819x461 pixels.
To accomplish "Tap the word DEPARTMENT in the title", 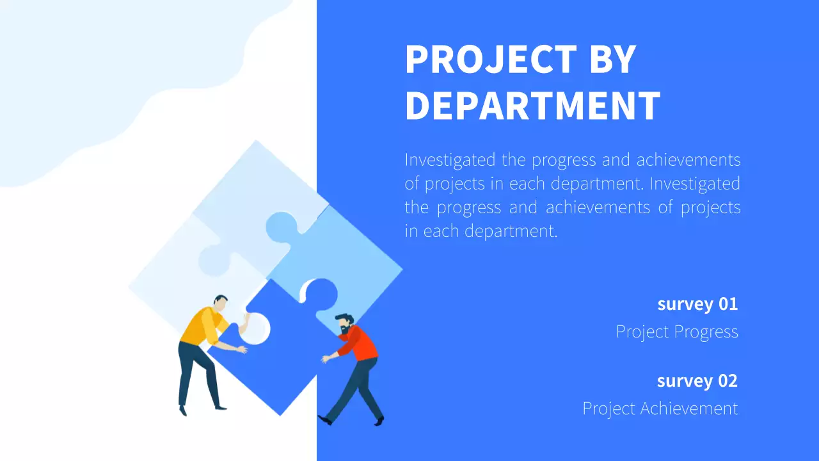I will point(532,106).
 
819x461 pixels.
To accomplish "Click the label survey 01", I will point(697,303).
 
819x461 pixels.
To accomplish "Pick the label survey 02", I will point(697,381).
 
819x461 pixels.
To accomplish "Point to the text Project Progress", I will point(677,332).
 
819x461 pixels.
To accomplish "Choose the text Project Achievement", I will point(660,408).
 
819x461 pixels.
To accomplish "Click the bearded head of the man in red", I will point(344,323).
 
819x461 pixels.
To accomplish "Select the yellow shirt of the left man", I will point(200,327).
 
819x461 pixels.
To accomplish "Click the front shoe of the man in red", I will point(325,420).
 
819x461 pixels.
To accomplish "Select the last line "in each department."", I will point(481,230).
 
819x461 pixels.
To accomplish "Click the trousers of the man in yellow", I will point(195,371).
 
